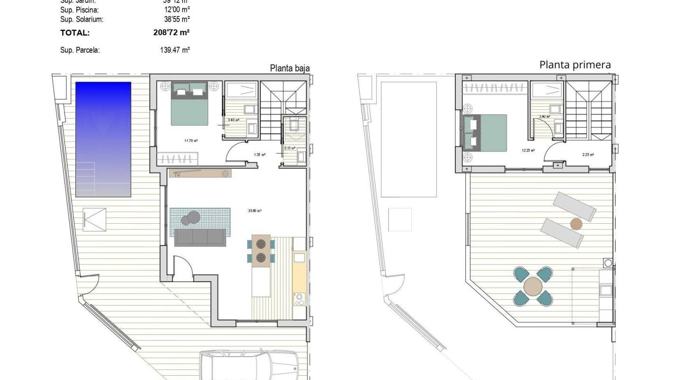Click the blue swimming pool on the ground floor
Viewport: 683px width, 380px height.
(103, 139)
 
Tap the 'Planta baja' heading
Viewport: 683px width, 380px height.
(290, 68)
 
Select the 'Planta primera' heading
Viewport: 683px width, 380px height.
(575, 65)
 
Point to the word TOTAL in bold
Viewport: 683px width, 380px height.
(75, 33)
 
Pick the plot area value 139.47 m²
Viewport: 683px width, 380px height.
(175, 50)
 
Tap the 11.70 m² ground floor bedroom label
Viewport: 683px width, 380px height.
(191, 141)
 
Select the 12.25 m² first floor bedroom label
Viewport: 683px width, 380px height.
(528, 150)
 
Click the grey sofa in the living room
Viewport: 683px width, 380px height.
(200, 237)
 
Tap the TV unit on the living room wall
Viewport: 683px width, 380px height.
(200, 173)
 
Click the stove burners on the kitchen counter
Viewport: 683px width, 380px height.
(299, 299)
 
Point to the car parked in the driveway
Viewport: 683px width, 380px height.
(249, 366)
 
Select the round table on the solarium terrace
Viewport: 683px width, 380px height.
(533, 286)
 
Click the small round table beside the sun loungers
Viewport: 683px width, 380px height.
(576, 224)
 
